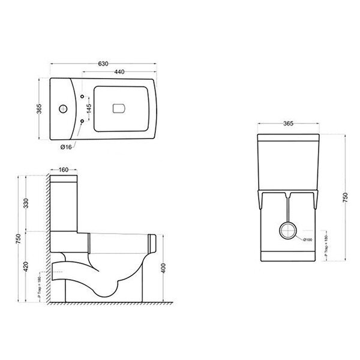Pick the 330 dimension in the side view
25,204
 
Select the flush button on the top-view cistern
119,109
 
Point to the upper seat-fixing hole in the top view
82,95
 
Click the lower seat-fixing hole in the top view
82,122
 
